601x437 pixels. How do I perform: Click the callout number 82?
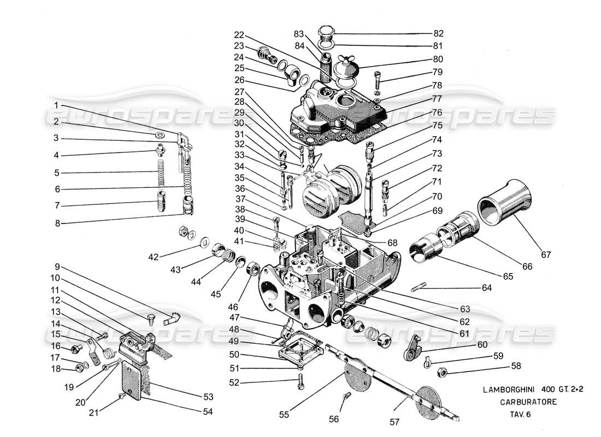point(439,33)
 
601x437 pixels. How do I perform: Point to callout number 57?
point(396,422)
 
